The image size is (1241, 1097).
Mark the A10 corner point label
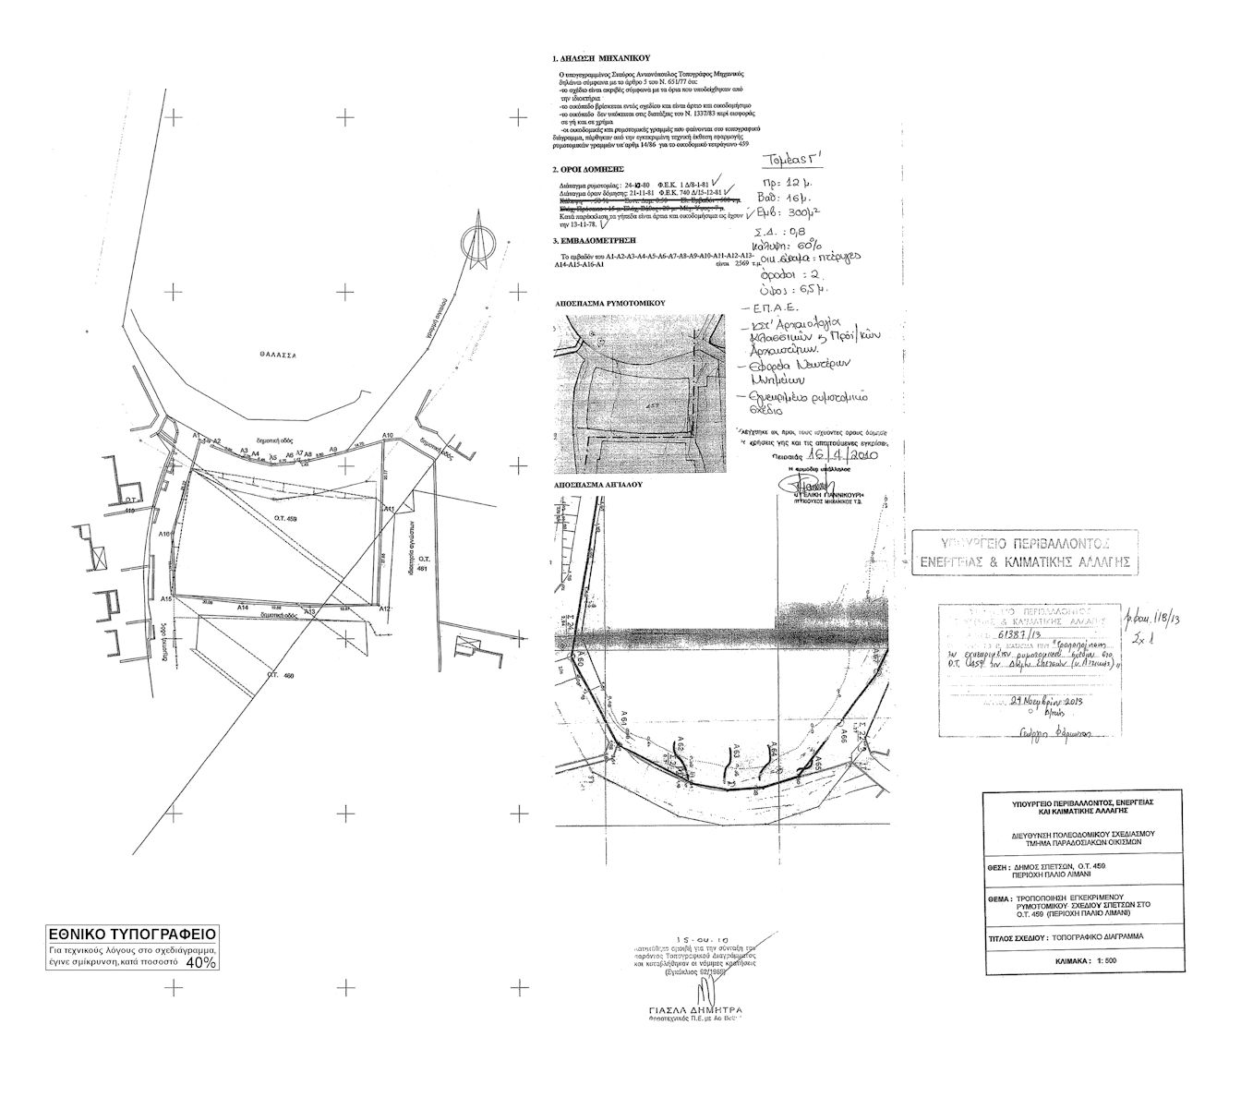pyautogui.click(x=388, y=435)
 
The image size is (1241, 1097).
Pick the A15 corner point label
pyautogui.click(x=166, y=599)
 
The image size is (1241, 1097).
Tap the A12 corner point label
pyautogui.click(x=386, y=609)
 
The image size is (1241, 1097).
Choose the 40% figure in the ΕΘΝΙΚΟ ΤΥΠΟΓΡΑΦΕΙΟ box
pyautogui.click(x=201, y=962)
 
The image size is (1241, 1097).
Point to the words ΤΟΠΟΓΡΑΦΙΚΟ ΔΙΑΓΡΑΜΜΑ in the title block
pyautogui.click(x=1094, y=936)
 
